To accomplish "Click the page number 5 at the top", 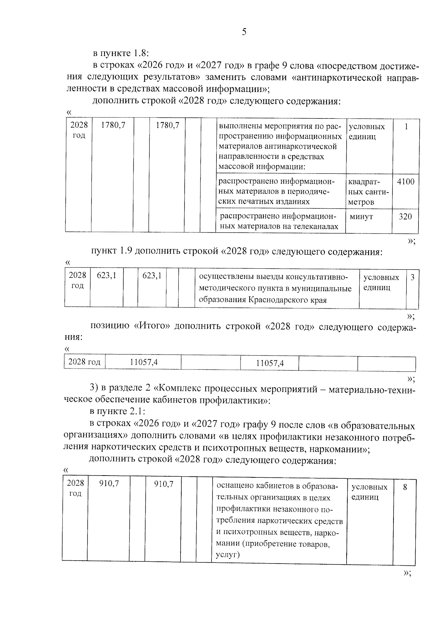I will [244, 32].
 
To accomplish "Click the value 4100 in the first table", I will [405, 181].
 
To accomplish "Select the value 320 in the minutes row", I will [405, 217].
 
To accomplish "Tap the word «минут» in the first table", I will [361, 217].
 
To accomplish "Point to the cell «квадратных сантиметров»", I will [368, 192].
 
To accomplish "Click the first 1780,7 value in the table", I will [113, 125].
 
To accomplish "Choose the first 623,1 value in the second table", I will [106, 276].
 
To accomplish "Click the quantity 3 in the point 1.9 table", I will [412, 277].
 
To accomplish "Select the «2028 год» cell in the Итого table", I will [84, 362].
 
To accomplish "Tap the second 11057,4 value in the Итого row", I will [270, 363].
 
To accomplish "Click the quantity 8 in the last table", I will [405, 487].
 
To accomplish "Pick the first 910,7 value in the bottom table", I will [109, 484].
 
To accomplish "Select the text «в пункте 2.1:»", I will [118, 412].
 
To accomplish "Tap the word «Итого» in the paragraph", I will [152, 326].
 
